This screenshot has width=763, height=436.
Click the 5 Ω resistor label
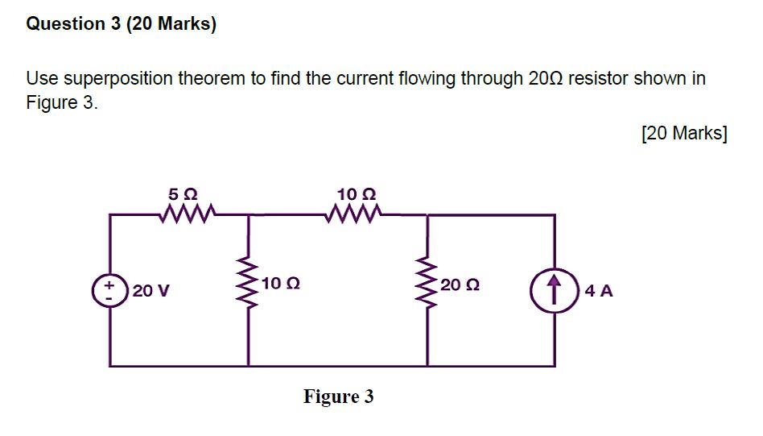[183, 194]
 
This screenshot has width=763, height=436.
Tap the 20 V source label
[151, 291]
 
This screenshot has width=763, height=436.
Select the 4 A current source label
[600, 291]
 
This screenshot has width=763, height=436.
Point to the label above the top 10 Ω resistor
[357, 194]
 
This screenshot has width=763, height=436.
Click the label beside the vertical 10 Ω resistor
[281, 284]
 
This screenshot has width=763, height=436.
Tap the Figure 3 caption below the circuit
[338, 397]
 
